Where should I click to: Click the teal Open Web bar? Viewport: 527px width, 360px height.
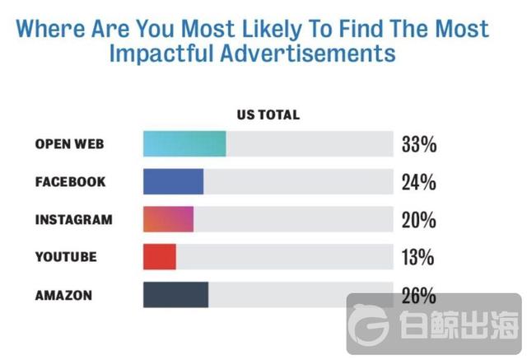tap(184, 143)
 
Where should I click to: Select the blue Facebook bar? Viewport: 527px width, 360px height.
tap(173, 181)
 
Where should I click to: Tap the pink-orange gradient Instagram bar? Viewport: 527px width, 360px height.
tap(168, 220)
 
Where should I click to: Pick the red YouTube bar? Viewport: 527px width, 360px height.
tap(160, 257)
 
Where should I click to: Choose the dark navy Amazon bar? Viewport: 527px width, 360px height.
tap(175, 295)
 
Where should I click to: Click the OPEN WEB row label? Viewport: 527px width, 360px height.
tap(70, 144)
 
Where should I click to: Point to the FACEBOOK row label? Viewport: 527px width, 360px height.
tap(70, 182)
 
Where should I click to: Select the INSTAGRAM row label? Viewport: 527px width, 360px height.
tap(73, 220)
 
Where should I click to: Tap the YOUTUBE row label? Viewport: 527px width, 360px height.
tap(66, 257)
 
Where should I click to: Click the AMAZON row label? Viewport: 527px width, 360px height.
tap(64, 295)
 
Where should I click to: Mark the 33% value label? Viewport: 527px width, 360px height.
tap(418, 145)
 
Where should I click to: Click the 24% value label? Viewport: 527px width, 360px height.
tap(418, 183)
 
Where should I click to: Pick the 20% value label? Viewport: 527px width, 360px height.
tap(418, 221)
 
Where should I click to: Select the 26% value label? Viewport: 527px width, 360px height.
tap(418, 295)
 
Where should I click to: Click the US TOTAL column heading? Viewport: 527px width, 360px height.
tap(268, 115)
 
